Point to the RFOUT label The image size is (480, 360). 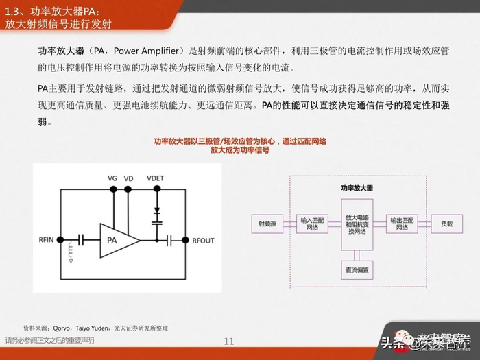(x=204, y=240)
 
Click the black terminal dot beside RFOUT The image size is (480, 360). (x=184, y=239)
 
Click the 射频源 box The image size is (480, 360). (x=267, y=224)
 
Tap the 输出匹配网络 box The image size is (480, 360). (x=402, y=224)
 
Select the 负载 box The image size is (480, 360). (x=446, y=224)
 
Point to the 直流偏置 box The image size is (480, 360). (x=357, y=269)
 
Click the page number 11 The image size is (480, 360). (x=229, y=341)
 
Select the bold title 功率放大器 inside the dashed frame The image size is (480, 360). (x=357, y=188)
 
